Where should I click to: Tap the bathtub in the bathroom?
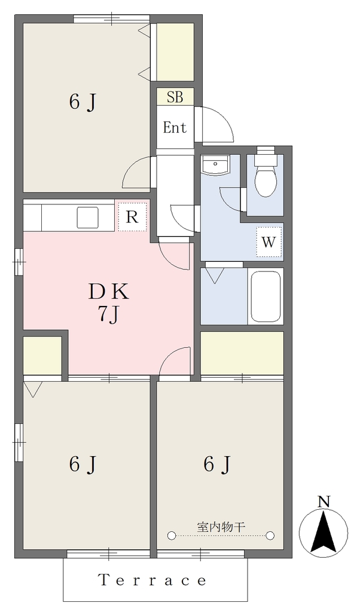pyautogui.click(x=266, y=296)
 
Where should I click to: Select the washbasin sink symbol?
pyautogui.click(x=215, y=165)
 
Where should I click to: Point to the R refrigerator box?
pyautogui.click(x=132, y=217)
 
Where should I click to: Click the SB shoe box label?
pyautogui.click(x=175, y=97)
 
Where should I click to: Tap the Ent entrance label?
pyautogui.click(x=175, y=127)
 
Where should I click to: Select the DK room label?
pyautogui.click(x=109, y=291)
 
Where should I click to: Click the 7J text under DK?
pyautogui.click(x=108, y=314)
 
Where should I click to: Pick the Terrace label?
pyautogui.click(x=152, y=580)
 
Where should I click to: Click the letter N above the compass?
pyautogui.click(x=324, y=501)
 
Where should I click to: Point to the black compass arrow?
pyautogui.click(x=324, y=533)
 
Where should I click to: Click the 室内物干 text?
pyautogui.click(x=221, y=527)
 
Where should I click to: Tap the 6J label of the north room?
pyautogui.click(x=83, y=103)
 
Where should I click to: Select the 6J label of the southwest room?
pyautogui.click(x=83, y=464)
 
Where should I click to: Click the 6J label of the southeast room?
pyautogui.click(x=216, y=464)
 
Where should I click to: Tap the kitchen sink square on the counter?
pyautogui.click(x=87, y=218)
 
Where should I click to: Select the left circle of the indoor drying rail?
pyautogui.click(x=171, y=535)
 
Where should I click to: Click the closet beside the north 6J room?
pyautogui.click(x=175, y=52)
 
